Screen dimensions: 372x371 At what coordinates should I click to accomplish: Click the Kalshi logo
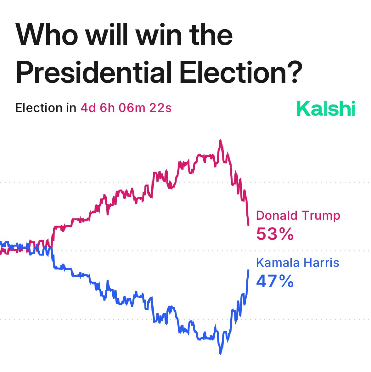(x=326, y=109)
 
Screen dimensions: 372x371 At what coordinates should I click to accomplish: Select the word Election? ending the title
(x=236, y=73)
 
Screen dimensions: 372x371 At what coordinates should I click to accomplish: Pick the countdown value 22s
(x=160, y=108)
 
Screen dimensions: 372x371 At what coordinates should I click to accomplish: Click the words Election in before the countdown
(x=46, y=108)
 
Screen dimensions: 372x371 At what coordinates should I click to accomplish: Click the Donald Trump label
(x=298, y=216)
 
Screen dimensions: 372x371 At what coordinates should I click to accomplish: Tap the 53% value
(x=275, y=234)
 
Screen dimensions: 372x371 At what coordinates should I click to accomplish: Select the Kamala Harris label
(x=297, y=262)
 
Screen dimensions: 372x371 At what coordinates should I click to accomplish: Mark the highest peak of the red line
(x=220, y=140)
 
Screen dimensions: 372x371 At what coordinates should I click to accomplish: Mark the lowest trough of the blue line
(x=220, y=353)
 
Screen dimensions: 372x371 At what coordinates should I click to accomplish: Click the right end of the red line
(x=249, y=225)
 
